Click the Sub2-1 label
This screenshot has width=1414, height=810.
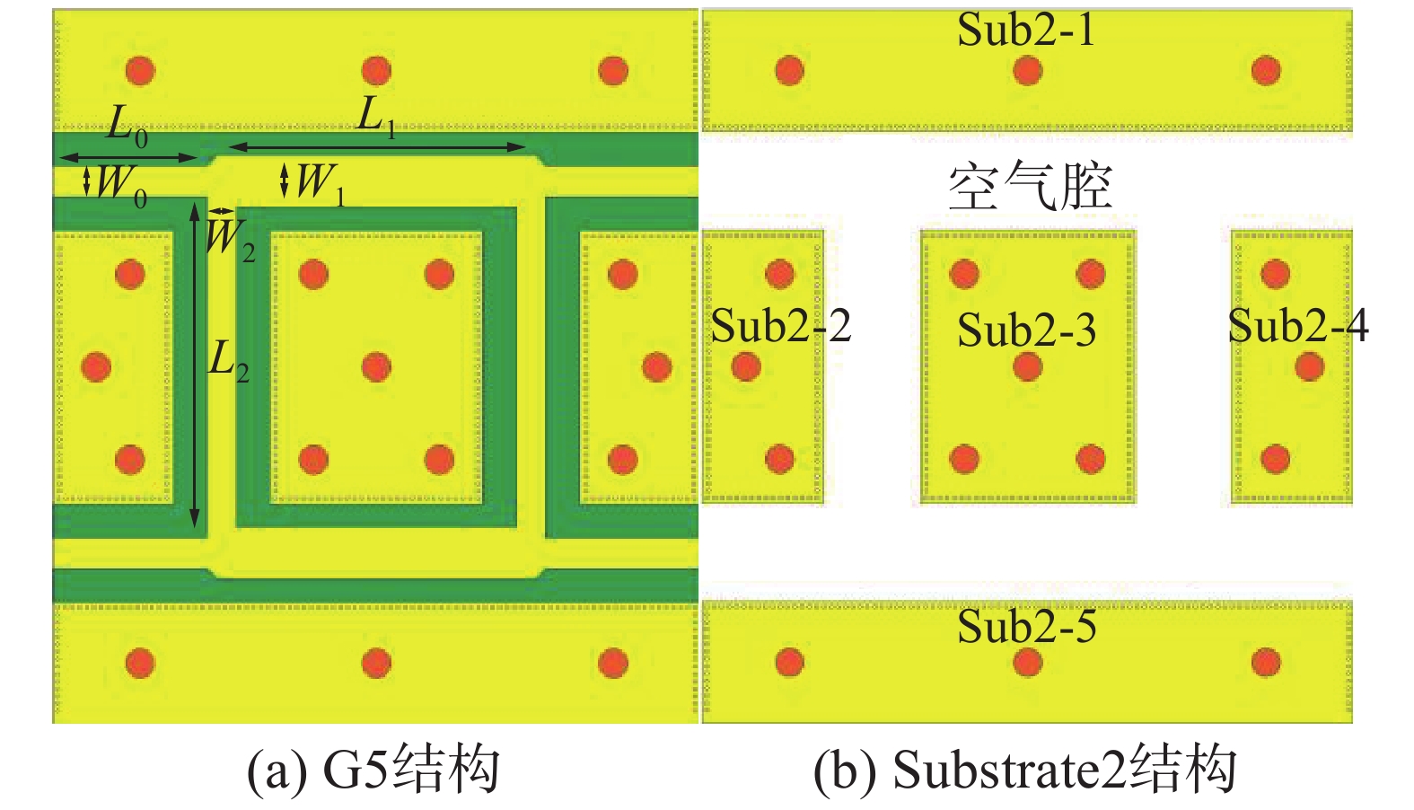coord(1026,30)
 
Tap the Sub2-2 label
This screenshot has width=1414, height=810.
coord(780,325)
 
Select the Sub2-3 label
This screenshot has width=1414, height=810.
coord(1026,330)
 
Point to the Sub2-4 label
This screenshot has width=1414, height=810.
coord(1297,325)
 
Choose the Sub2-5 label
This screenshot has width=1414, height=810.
coord(1026,626)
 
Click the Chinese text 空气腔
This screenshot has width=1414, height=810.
coord(1030,187)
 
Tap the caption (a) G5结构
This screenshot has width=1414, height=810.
coord(373,770)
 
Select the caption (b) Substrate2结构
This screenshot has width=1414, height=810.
coord(1024,770)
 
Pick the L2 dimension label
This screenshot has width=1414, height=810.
coord(228,361)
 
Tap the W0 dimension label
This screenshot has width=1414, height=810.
coord(120,184)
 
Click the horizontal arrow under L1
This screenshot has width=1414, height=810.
coord(377,146)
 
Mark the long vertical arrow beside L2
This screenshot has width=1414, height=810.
coord(194,365)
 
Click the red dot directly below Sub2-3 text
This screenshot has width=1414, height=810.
coord(1027,366)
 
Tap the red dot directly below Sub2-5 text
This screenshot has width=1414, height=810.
coord(1027,663)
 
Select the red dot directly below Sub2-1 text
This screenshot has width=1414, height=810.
coord(1027,70)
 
